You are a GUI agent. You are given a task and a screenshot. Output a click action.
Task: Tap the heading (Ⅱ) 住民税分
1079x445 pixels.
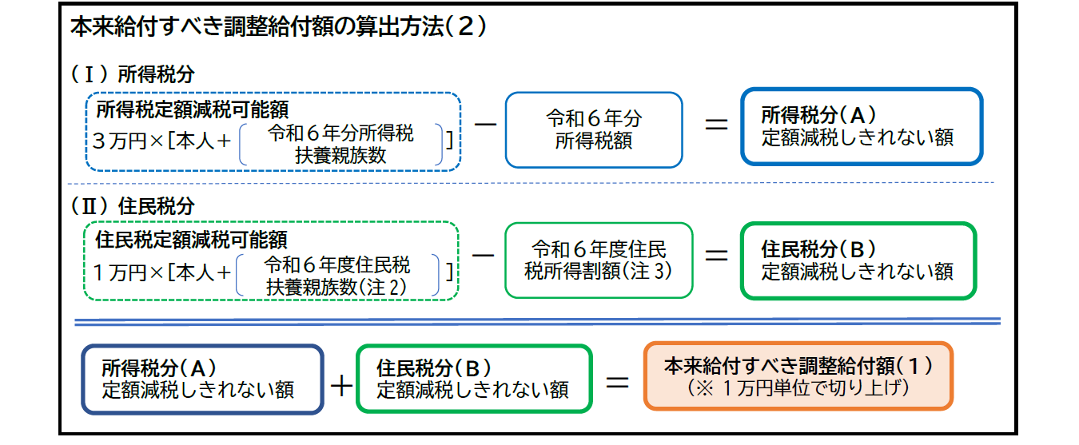(x=133, y=205)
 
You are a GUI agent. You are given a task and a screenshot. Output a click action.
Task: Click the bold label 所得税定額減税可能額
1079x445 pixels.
(x=192, y=108)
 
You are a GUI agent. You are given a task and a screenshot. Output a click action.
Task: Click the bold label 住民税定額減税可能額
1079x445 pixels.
(x=191, y=239)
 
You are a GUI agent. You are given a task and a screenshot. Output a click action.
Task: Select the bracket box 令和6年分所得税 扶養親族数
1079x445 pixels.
(x=340, y=145)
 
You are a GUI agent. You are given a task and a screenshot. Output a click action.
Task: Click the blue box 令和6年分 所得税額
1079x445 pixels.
(x=594, y=129)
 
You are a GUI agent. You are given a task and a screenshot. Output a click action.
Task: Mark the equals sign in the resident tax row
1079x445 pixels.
(x=714, y=255)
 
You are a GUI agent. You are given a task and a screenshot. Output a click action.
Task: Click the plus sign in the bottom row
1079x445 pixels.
(x=340, y=386)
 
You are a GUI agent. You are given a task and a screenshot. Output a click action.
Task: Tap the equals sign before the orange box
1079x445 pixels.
(x=617, y=381)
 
